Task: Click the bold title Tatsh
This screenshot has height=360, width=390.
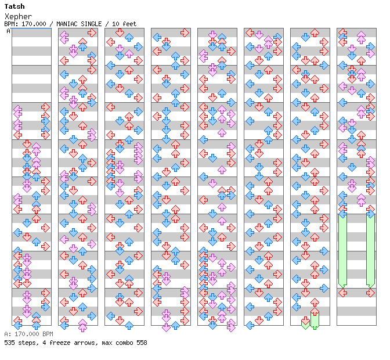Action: tap(15, 6)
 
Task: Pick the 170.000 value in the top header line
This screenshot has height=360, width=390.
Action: tap(32, 24)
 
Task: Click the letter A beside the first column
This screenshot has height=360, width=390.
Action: tap(9, 31)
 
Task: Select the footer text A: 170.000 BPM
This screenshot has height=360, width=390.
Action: tap(28, 334)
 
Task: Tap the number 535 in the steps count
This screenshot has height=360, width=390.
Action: tap(10, 343)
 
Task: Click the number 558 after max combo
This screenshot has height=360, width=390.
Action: tap(141, 343)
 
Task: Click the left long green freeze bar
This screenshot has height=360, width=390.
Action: tap(342, 250)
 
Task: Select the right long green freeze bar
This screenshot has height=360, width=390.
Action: tap(370, 250)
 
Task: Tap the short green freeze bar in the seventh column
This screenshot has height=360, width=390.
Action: tap(315, 319)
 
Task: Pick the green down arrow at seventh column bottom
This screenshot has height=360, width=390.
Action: tap(305, 322)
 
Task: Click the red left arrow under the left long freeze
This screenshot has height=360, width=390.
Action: tap(342, 293)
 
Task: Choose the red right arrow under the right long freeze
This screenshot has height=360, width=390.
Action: tap(370, 293)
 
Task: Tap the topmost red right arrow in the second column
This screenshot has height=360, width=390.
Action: tap(92, 32)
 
